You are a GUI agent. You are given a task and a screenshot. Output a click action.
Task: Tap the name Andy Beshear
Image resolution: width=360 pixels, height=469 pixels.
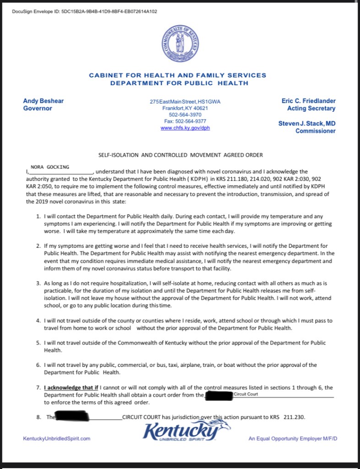click(44, 101)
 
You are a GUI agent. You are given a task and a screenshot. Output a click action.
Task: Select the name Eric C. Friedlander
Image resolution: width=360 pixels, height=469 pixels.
click(309, 101)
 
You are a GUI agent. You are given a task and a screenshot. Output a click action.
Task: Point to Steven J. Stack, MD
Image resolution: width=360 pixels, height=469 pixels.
click(307, 124)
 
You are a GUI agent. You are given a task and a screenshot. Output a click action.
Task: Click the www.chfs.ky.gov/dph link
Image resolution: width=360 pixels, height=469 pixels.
click(185, 128)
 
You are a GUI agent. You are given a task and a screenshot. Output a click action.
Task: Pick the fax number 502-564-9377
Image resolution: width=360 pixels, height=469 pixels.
click(185, 121)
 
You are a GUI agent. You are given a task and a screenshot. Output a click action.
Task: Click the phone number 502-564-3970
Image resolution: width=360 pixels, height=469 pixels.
click(185, 115)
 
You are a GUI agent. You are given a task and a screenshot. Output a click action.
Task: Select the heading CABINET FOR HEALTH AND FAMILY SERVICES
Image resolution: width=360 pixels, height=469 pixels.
click(177, 75)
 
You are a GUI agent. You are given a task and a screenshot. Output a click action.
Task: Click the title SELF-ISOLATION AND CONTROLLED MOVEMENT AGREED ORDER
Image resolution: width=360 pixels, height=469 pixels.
click(180, 155)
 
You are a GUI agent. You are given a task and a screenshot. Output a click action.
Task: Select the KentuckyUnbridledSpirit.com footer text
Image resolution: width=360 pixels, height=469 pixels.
click(57, 438)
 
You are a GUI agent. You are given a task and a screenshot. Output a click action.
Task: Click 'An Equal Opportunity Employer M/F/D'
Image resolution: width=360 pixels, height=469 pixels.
click(293, 438)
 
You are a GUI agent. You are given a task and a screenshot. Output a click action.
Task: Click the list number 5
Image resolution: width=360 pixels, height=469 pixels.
click(38, 343)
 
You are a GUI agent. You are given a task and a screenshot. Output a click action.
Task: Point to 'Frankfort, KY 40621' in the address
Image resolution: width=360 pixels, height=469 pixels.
click(185, 108)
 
